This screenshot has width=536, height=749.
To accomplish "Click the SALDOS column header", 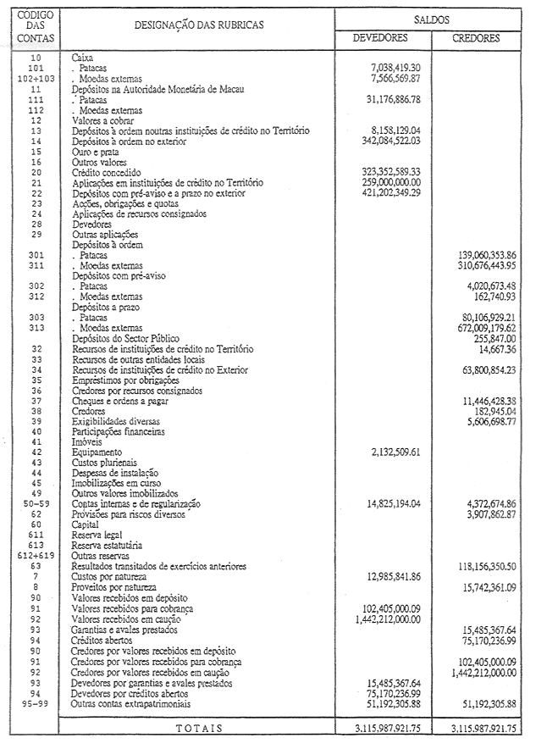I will click(x=432, y=18).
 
